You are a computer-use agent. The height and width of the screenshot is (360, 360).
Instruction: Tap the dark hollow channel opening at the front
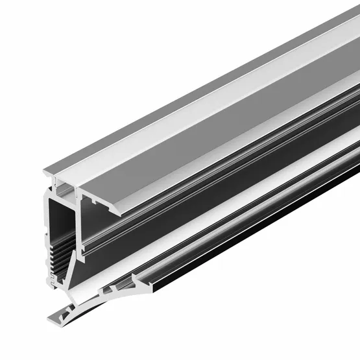click(64, 221)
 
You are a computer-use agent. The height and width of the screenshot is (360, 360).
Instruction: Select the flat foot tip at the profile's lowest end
click(52, 317)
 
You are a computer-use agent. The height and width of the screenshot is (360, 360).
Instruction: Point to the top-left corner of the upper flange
click(45, 172)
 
